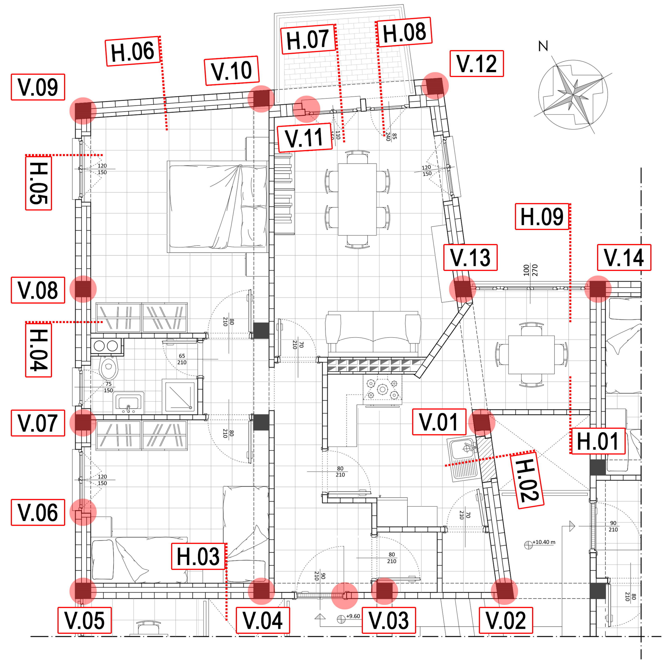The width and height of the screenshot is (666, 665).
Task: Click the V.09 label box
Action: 38,87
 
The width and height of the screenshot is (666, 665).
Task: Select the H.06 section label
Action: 133,51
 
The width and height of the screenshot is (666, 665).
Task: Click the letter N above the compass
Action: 543,46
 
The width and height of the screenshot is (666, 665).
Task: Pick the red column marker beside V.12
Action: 435,86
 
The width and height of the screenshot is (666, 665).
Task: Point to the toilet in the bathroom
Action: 109,367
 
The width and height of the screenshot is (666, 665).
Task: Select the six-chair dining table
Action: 357,199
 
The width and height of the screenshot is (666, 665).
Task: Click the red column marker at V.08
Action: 83,289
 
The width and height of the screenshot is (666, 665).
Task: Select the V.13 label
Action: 470,257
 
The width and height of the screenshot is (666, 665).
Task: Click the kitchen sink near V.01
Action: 463,458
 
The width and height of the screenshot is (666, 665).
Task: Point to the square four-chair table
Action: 531,355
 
